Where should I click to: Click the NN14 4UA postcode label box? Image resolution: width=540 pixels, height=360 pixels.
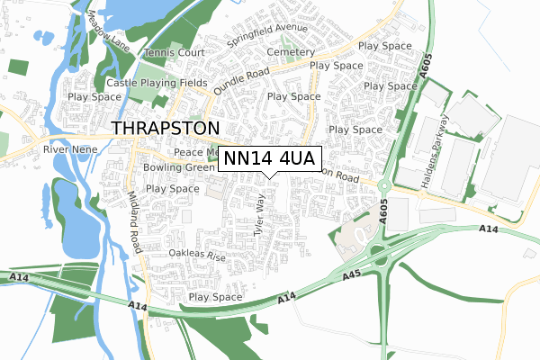(x=269, y=159)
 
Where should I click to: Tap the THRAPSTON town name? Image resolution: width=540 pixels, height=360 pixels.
(x=165, y=128)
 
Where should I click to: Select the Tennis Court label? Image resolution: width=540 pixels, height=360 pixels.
(x=175, y=53)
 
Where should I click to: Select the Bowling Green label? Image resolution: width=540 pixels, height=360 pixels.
(x=178, y=167)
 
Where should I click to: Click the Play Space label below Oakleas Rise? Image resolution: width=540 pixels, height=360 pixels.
(x=215, y=297)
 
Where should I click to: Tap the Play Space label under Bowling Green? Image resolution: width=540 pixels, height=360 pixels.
(x=172, y=189)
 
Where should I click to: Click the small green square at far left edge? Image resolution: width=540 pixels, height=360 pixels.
(x=19, y=66)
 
